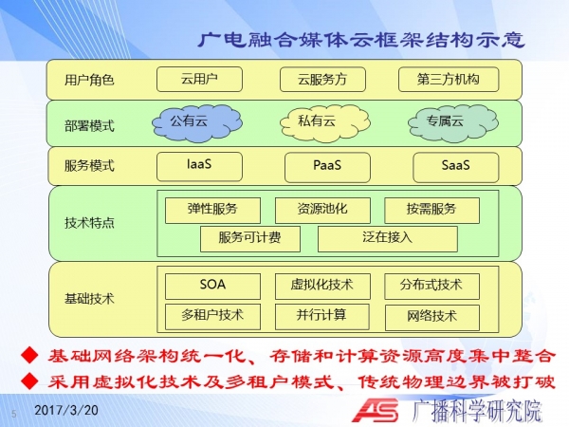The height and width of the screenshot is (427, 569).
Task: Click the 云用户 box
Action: click(x=199, y=79)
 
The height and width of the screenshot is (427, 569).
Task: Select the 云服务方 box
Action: click(x=322, y=80)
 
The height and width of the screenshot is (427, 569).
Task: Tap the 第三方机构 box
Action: click(x=449, y=79)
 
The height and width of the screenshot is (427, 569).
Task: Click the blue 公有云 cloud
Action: click(x=197, y=123)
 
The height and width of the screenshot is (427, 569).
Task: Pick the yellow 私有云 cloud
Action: click(x=324, y=123)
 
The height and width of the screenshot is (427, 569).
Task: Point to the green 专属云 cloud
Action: click(x=453, y=123)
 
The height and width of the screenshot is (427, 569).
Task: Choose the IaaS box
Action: click(x=199, y=167)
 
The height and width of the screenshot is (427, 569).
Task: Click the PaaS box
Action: click(x=327, y=167)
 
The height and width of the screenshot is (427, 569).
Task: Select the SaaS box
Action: click(x=456, y=167)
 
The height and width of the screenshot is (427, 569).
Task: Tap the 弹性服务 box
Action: click(x=212, y=211)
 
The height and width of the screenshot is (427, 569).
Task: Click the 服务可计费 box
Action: click(x=250, y=239)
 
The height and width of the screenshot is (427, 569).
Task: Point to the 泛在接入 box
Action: click(x=388, y=239)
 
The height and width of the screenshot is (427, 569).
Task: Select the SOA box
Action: click(x=212, y=287)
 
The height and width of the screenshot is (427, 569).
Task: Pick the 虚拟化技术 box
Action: click(x=322, y=287)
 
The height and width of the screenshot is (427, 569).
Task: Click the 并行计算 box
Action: click(x=322, y=317)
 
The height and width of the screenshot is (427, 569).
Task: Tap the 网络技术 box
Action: click(x=432, y=318)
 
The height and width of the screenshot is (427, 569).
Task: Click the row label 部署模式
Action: click(x=89, y=126)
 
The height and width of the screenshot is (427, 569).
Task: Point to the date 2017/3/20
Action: click(x=66, y=410)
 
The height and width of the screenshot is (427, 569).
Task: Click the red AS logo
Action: click(x=376, y=410)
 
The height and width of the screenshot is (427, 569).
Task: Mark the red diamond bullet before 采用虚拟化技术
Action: click(x=29, y=381)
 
